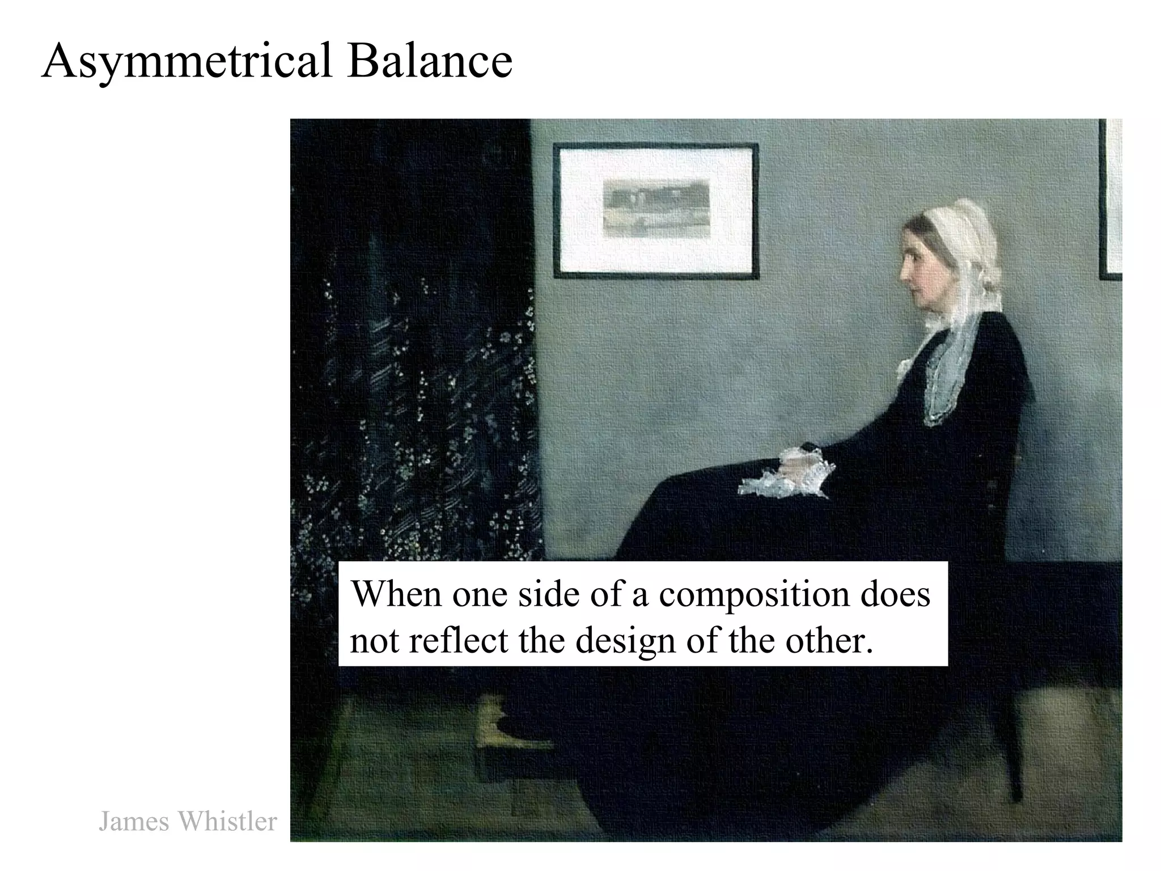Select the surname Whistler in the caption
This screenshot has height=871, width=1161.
(227, 821)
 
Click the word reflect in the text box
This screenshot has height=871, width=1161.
(458, 641)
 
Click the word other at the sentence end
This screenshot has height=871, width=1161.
(825, 641)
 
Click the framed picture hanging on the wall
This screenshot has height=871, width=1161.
(656, 210)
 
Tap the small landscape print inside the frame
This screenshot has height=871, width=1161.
(656, 208)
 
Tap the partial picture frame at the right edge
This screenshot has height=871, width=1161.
(1112, 198)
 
